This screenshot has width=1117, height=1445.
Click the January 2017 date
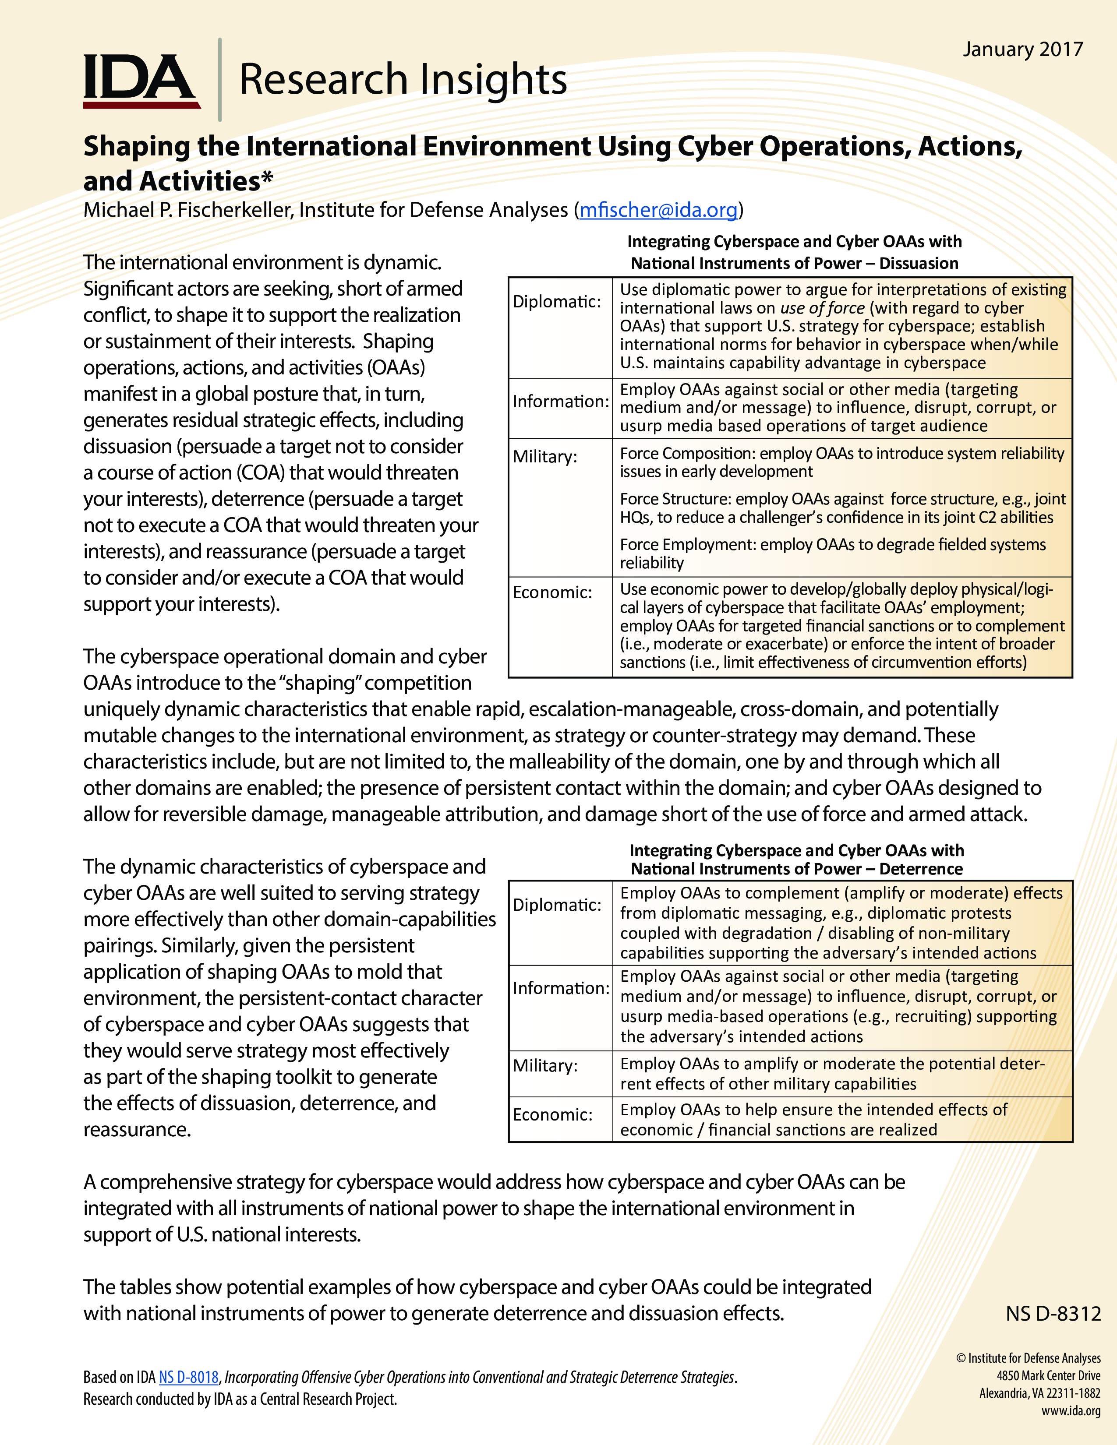[x=1022, y=49]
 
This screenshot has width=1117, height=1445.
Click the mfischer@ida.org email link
[x=658, y=210]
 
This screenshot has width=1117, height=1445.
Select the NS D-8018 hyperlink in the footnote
[x=189, y=1377]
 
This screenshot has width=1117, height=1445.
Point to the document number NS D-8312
[x=1053, y=1313]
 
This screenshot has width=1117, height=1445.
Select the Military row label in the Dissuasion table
[x=544, y=457]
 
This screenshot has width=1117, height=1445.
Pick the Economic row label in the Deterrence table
[x=552, y=1114]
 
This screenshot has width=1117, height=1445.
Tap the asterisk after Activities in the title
[x=267, y=179]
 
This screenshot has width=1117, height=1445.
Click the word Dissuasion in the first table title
[x=919, y=263]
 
